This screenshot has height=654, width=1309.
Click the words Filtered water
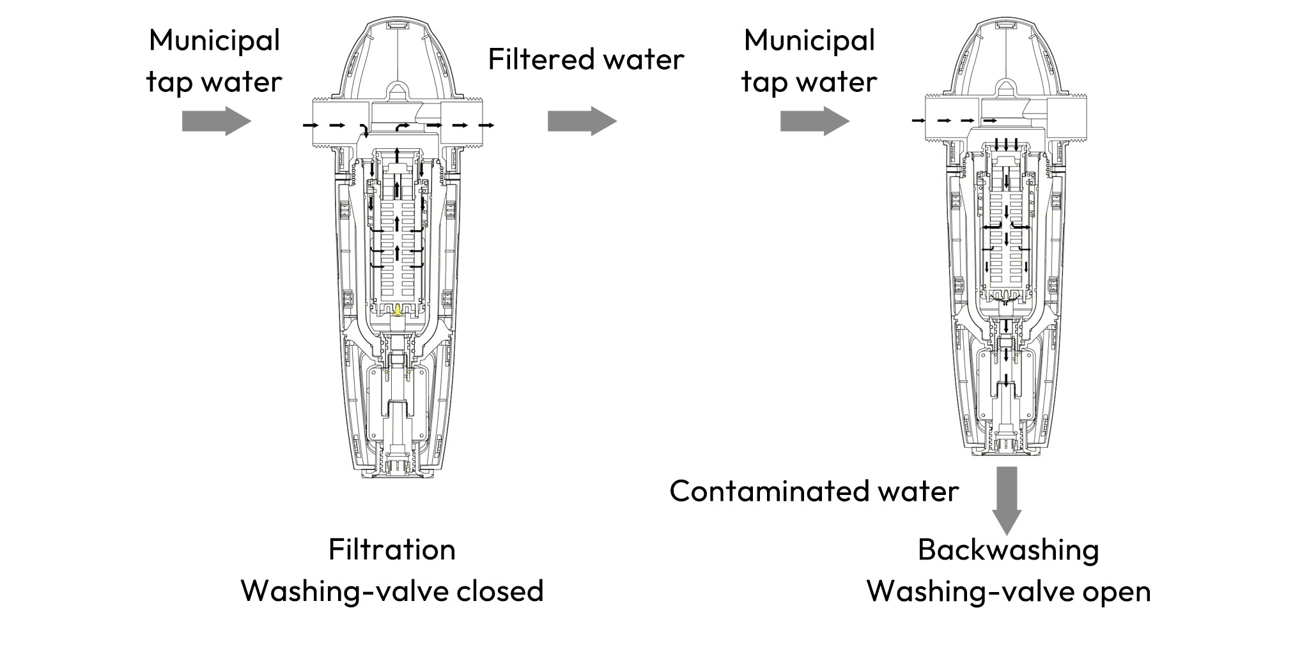[585, 59]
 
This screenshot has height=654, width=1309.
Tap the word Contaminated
[759, 491]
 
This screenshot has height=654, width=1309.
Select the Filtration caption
[392, 549]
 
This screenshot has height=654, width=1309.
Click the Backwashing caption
[1008, 549]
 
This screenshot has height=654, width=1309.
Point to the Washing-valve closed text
[392, 591]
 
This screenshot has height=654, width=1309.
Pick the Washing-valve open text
[1008, 591]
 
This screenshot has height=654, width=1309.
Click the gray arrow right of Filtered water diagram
[582, 121]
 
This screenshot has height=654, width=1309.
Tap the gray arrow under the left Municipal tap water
[216, 121]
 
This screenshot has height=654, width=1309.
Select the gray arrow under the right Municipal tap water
[814, 121]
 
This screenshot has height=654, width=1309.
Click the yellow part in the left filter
[398, 310]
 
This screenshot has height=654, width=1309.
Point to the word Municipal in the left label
[215, 40]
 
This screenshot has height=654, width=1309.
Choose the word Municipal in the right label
[809, 40]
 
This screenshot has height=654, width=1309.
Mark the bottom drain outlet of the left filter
[398, 469]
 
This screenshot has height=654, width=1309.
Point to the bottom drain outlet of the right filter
[1006, 447]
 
